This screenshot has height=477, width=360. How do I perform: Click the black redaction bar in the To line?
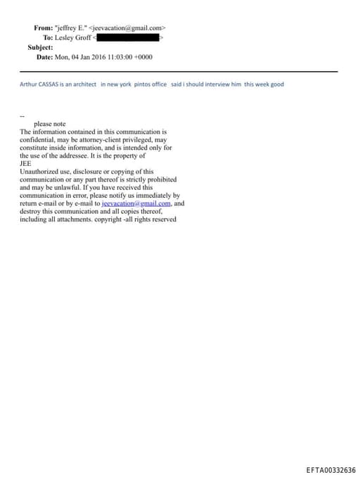128,37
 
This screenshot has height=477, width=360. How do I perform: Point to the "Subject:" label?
40,46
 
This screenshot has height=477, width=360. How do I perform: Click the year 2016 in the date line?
96,56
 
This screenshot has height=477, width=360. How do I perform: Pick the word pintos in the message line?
140,84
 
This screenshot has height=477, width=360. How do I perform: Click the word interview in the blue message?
212,84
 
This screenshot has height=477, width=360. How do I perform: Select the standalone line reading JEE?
25,163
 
